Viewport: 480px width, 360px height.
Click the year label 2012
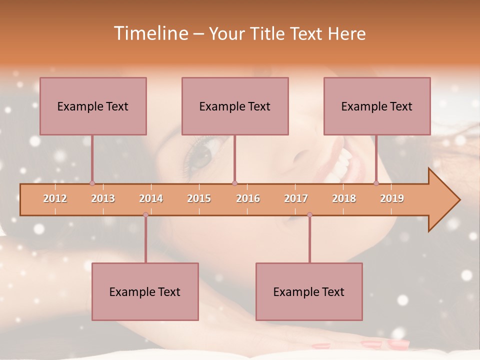(55, 198)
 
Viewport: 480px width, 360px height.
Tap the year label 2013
(103, 198)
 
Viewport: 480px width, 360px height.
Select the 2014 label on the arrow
(151, 198)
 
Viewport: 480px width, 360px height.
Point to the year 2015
(199, 198)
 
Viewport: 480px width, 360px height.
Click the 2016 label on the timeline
(248, 198)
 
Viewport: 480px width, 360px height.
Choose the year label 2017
(296, 198)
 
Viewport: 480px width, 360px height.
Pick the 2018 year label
(344, 198)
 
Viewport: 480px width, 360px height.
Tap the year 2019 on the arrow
(392, 198)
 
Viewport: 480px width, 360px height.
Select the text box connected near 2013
(93, 106)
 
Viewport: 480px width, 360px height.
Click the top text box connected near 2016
(235, 106)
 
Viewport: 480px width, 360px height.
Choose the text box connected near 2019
(377, 106)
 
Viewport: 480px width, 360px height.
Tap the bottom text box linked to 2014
(145, 291)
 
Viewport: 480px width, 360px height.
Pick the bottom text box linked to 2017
(309, 291)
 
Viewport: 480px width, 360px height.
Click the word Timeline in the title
(150, 33)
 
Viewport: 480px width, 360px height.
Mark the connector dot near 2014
(145, 215)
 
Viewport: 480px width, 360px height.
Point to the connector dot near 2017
(309, 215)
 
